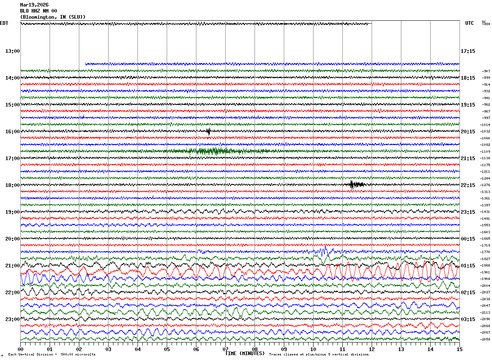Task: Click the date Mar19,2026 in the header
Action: [x=34, y=5]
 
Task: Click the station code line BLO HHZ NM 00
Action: [x=39, y=11]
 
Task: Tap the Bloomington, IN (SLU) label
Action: [x=53, y=17]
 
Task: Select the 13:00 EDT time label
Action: [x=12, y=51]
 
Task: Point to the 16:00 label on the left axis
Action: [x=12, y=132]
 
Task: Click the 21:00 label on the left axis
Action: [x=12, y=266]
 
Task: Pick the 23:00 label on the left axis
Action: [x=12, y=319]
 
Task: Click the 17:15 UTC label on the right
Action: [x=468, y=51]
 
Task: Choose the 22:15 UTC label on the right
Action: [x=468, y=185]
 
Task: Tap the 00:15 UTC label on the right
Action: [x=468, y=239]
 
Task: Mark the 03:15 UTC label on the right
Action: [x=468, y=319]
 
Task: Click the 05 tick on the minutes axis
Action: [x=167, y=349]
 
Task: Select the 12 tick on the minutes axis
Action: [x=372, y=349]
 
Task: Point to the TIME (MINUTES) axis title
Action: [x=245, y=353]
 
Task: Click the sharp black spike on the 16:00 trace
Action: [x=208, y=131]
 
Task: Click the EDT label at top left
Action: [x=4, y=23]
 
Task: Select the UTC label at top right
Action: [x=470, y=23]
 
